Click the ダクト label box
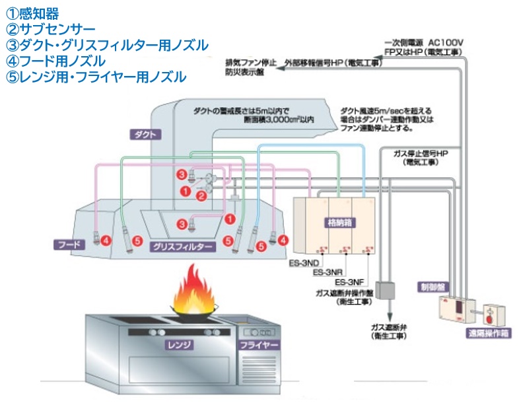point(145,134)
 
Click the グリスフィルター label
point(183,246)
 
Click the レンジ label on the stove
point(180,344)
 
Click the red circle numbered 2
point(203,196)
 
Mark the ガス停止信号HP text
point(421,153)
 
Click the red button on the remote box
point(489,313)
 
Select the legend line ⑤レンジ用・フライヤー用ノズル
point(96,77)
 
